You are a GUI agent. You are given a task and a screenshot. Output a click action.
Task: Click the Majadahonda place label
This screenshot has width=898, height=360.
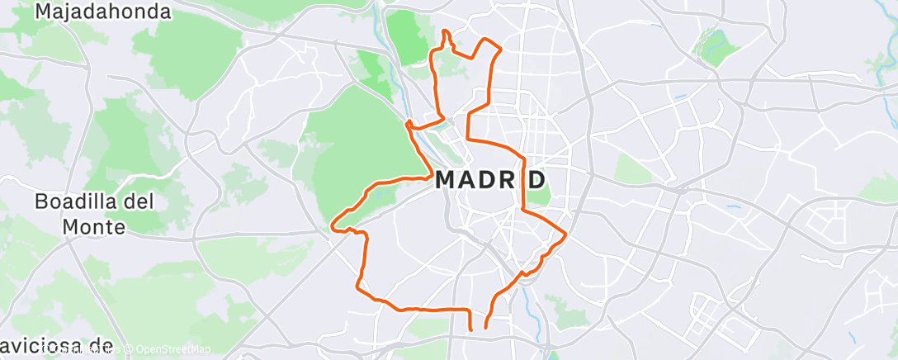click(x=104, y=12)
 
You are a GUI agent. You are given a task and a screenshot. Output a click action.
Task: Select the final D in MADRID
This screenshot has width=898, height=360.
click(x=537, y=179)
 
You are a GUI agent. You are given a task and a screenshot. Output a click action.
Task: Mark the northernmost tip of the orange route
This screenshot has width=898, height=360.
click(x=446, y=31)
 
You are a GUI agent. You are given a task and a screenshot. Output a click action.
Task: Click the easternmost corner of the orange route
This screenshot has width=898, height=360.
click(x=565, y=234)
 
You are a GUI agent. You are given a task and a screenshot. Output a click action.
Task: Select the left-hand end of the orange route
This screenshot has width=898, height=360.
click(x=470, y=329)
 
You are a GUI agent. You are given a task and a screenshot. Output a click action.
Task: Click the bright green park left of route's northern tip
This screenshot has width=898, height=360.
click(x=412, y=37)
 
